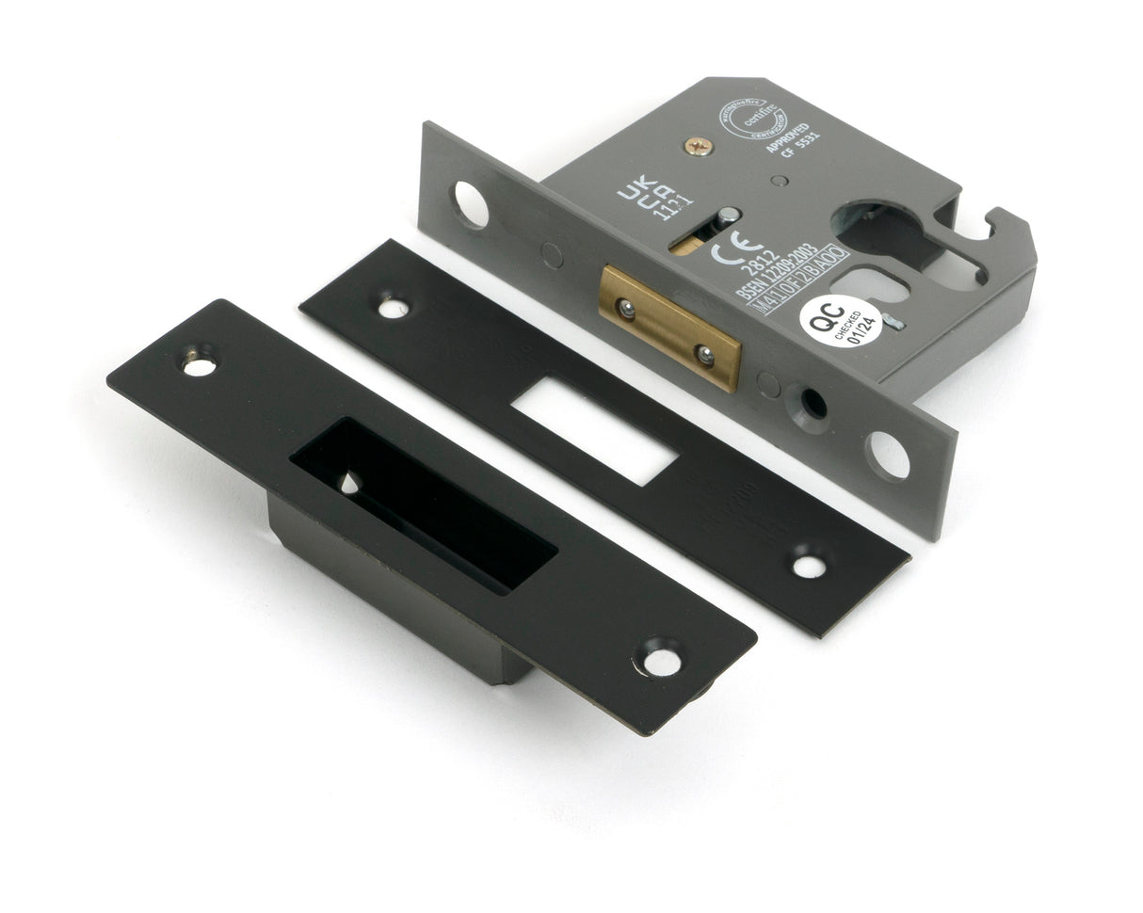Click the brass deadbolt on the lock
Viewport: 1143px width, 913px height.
tap(669, 327)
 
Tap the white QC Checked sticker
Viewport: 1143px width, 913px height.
tap(840, 320)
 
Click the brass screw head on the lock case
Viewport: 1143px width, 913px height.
tap(699, 146)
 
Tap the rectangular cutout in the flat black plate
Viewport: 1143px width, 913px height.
tap(595, 432)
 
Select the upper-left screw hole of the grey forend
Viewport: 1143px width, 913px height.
tap(471, 204)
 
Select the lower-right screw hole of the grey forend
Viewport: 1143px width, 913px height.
tap(889, 456)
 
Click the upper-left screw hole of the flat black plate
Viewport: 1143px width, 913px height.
tap(393, 308)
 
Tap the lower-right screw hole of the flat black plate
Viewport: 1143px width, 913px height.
tap(809, 566)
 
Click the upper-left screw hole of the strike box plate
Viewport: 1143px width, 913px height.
tap(199, 364)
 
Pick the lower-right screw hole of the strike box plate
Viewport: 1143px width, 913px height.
tap(662, 661)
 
